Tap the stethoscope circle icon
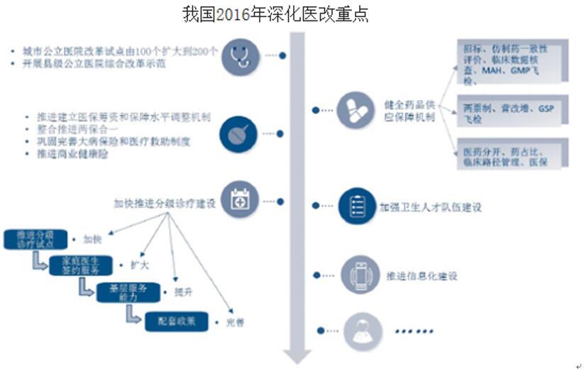pos(239,56)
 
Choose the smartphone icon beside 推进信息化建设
pos(358,275)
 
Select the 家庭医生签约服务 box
pos(79,265)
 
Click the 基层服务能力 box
pos(126,291)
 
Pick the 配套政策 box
pos(177,321)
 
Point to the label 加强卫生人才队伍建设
pos(430,207)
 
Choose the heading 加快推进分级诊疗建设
pos(165,203)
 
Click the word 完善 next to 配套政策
pos(235,322)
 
